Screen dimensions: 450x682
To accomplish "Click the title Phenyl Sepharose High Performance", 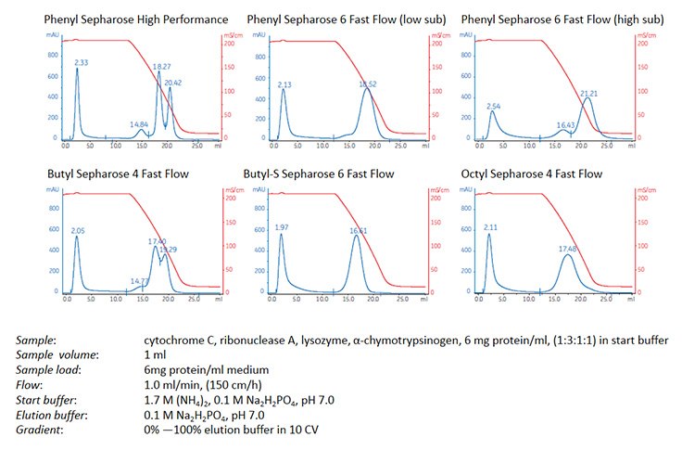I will pos(136,19).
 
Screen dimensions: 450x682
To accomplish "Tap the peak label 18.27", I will pos(161,67).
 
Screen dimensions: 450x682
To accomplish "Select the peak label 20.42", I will pos(174,83).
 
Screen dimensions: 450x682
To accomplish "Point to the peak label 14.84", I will pos(139,124).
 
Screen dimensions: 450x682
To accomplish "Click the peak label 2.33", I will pos(82,63).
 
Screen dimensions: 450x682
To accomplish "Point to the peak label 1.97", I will pos(283,227).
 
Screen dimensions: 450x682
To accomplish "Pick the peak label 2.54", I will pos(493,106).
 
